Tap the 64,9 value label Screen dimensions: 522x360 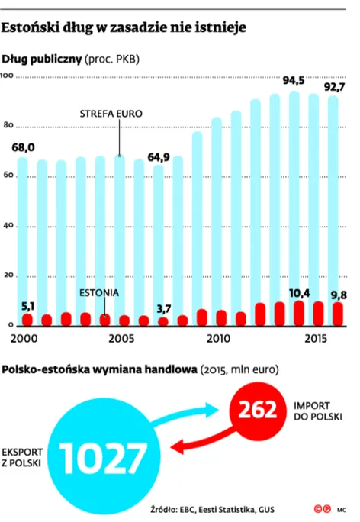tap(159, 157)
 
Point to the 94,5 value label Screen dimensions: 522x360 tap(294, 81)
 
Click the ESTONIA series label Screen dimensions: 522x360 tap(101, 292)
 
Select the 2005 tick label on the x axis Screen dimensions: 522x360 tap(121, 338)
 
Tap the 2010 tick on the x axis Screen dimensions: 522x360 tap(218, 338)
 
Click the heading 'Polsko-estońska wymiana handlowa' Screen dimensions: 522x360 tap(98, 369)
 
